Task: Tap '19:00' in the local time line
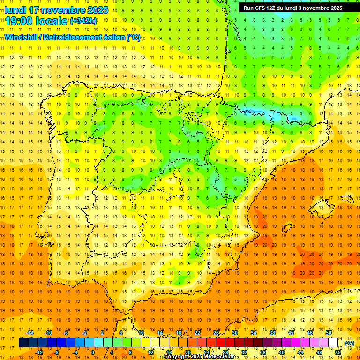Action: pos(19,21)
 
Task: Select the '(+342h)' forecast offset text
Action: pos(83,21)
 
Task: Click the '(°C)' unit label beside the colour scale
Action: pos(349,343)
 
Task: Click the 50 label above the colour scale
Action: pos(329,333)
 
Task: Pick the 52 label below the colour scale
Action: pos(338,352)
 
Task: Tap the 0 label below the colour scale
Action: pos(93,352)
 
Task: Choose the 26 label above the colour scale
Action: pos(216,333)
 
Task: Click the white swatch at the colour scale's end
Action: pos(333,343)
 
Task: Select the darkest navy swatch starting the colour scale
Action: pos(23,343)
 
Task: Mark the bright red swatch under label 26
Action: pos(216,343)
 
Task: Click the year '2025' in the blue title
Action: pos(97,10)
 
